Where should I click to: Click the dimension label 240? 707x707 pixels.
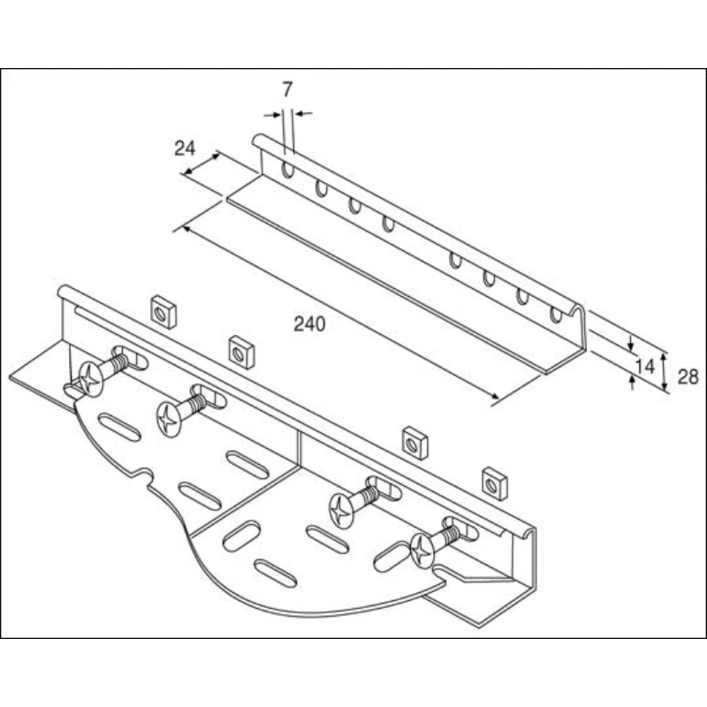pyautogui.click(x=309, y=324)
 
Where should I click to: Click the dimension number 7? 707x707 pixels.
pyautogui.click(x=287, y=88)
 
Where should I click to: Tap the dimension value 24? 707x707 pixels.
pyautogui.click(x=184, y=148)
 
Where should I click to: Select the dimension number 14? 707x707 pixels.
pyautogui.click(x=644, y=364)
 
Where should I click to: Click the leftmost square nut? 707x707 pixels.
pyautogui.click(x=162, y=311)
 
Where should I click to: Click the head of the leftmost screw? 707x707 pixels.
pyautogui.click(x=89, y=379)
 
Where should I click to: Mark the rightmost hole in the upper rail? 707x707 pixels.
pyautogui.click(x=556, y=314)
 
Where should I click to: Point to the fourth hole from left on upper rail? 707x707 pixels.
pyautogui.click(x=388, y=223)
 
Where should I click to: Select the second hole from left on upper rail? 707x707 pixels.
pyautogui.click(x=321, y=187)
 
